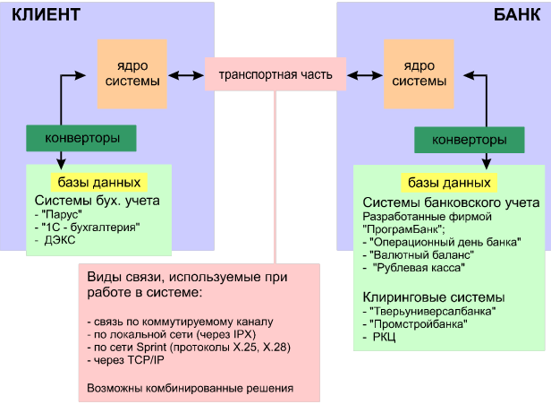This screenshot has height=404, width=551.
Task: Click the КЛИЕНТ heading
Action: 46,15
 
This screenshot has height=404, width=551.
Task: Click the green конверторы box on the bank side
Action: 469,140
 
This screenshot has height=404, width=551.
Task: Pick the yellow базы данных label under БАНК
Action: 447,183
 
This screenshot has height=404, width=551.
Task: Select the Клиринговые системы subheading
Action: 430,297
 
